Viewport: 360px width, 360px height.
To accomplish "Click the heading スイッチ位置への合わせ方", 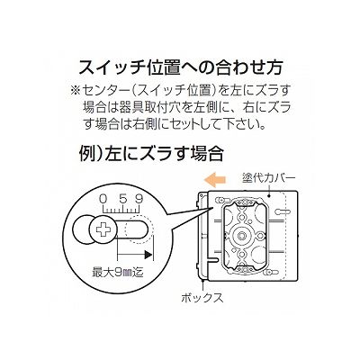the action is point(180,67).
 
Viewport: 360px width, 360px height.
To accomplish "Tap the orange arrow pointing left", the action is point(214,180).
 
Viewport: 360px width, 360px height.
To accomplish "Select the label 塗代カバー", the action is point(269,178).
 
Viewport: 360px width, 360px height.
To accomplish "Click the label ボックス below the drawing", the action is point(202,298).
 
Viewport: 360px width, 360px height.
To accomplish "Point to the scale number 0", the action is point(103,199).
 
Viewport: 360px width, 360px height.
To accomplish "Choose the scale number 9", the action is point(139,199).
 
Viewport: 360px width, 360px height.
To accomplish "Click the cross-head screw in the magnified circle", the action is point(103,230).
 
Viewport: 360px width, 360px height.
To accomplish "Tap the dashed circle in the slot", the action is point(139,230).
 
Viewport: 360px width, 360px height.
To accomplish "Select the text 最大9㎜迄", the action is point(118,273).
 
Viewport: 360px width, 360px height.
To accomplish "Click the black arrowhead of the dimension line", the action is point(148,255).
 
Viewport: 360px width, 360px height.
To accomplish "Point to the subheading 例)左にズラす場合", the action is point(151,153).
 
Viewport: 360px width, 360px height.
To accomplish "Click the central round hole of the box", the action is point(241,236).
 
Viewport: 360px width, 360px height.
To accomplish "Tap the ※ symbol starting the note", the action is point(75,91).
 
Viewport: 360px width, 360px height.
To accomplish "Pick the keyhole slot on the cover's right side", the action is point(282,211).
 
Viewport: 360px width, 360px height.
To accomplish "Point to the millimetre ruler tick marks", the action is point(121,208).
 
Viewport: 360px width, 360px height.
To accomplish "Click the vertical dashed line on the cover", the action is point(287,234).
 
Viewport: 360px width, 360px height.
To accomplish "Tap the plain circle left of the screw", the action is point(83,230).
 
